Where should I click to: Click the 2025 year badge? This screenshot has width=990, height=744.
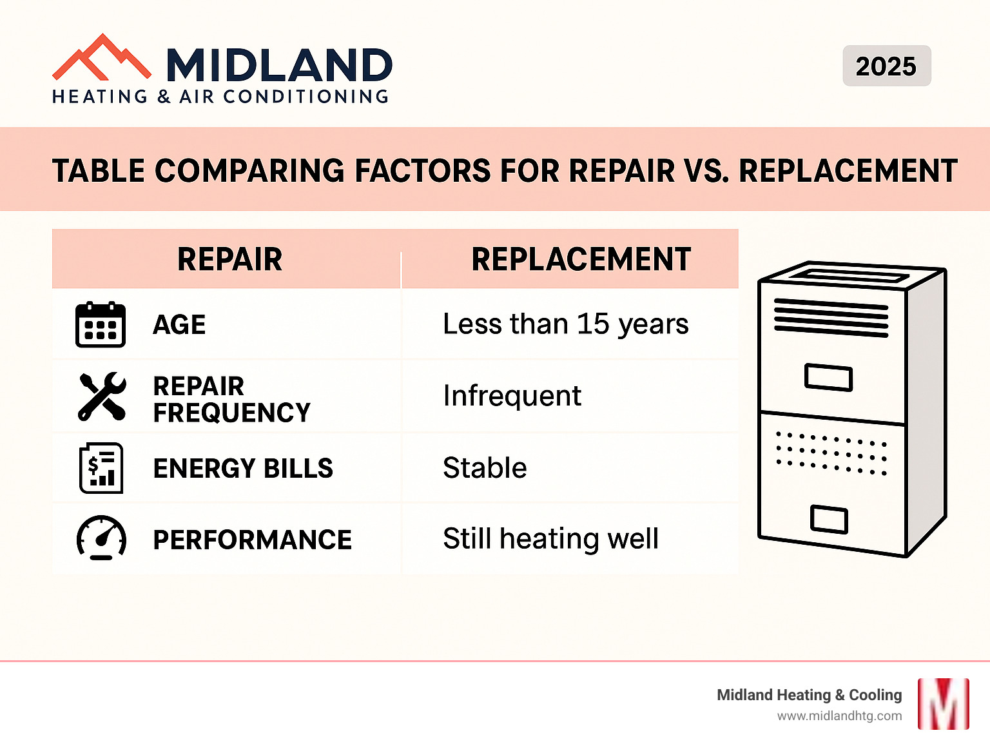(x=886, y=66)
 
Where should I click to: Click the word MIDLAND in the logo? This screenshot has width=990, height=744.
(x=279, y=65)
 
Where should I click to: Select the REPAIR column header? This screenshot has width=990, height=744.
(x=229, y=259)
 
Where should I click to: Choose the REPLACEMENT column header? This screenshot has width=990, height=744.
(x=581, y=259)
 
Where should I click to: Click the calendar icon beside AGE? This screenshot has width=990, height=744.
(x=101, y=324)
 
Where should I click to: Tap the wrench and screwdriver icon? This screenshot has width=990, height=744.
(x=102, y=396)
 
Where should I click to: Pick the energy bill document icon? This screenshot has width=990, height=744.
(x=101, y=468)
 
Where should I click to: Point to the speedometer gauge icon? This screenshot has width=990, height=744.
(x=101, y=538)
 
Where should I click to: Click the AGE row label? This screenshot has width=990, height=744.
(x=179, y=324)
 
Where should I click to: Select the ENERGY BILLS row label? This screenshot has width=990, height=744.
(x=243, y=468)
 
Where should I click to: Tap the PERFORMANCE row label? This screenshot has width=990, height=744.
(x=252, y=540)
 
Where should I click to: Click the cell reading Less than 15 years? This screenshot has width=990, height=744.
(x=565, y=324)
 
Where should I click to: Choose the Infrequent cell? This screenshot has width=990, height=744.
(x=512, y=395)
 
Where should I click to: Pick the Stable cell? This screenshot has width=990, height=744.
(x=485, y=467)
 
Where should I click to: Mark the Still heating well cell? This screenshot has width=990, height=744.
(x=550, y=538)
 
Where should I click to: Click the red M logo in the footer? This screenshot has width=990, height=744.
(x=943, y=703)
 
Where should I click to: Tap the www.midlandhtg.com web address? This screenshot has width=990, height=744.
(x=839, y=716)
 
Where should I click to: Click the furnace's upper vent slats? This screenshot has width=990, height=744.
(x=831, y=318)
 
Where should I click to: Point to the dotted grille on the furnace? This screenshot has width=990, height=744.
(x=831, y=453)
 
